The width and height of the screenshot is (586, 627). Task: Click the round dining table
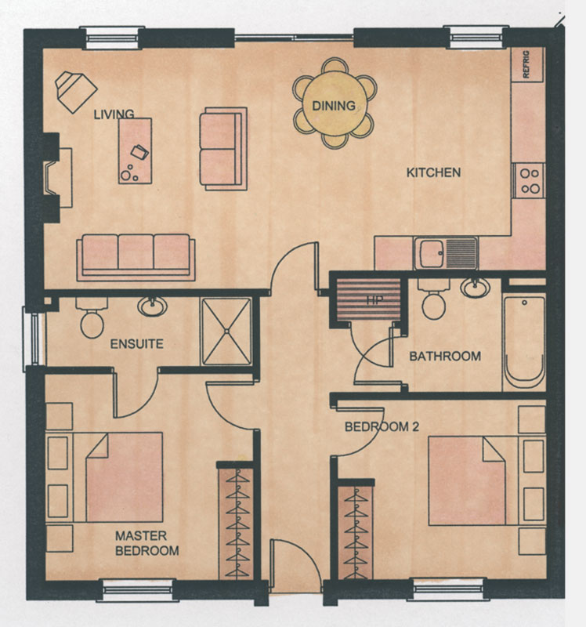pos(335,104)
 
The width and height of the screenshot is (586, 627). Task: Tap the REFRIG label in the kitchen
pos(526,64)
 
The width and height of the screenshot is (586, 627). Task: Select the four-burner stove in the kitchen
pos(529,180)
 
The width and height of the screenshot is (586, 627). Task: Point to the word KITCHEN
pos(433,172)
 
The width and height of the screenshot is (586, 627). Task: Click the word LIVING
pos(114,114)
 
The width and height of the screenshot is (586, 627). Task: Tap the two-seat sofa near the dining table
pos(223,149)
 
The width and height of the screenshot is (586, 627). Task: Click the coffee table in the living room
pos(135,150)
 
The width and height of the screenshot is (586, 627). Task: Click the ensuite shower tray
pos(226,331)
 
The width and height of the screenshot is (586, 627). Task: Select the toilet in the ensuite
pos(92,318)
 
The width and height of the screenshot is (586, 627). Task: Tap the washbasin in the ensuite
pos(152,307)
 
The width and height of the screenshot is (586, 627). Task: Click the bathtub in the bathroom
pos(523,342)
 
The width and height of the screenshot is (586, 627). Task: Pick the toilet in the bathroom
pos(434,299)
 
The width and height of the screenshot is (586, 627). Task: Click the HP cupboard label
pos(374,300)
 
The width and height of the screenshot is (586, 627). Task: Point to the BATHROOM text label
pos(445,357)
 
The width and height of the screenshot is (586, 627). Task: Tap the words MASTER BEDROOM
pos(146,543)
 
